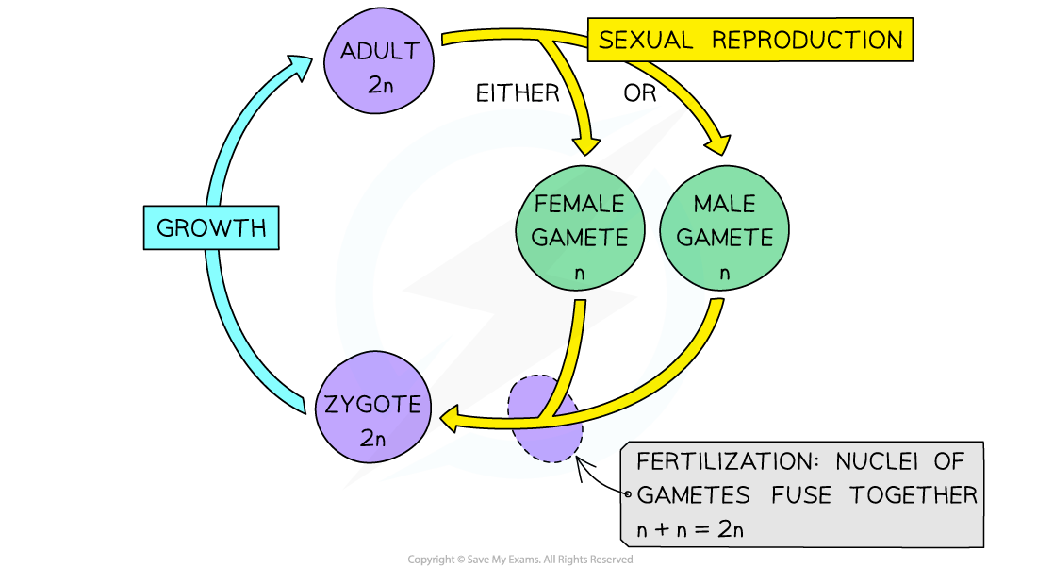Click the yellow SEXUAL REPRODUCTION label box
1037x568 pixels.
(x=750, y=41)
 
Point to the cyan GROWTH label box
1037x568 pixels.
(x=211, y=228)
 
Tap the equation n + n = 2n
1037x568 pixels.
(x=690, y=529)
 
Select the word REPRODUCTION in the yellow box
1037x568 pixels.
(x=806, y=41)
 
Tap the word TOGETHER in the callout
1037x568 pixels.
(x=913, y=495)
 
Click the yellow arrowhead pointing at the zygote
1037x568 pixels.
(x=452, y=418)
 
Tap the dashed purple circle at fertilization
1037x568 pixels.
(x=544, y=420)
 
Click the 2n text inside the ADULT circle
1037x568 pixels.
(x=379, y=84)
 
